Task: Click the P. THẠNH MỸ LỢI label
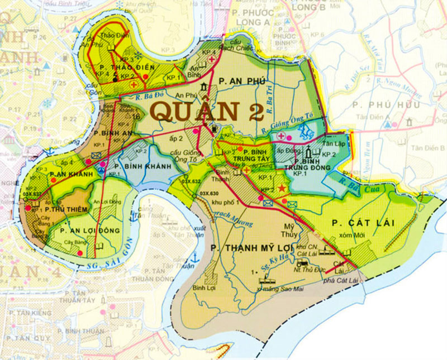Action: pos(245,246)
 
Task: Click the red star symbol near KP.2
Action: pos(281,190)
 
